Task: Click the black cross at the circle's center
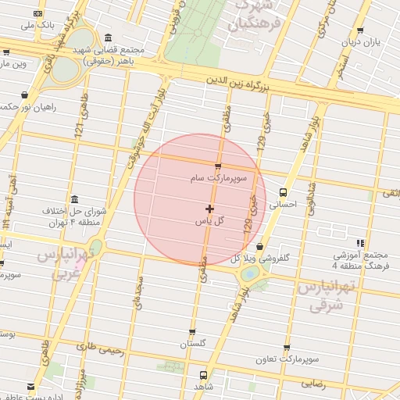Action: click(x=209, y=209)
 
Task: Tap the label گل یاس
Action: click(x=209, y=221)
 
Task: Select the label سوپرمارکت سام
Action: click(x=218, y=179)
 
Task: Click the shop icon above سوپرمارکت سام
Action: click(x=218, y=166)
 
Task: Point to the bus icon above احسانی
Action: click(x=283, y=192)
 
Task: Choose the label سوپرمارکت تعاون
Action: click(x=287, y=360)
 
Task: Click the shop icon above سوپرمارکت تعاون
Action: click(x=287, y=348)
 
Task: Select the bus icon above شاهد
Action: click(x=203, y=375)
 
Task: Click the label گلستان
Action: click(x=193, y=344)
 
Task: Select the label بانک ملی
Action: click(x=37, y=25)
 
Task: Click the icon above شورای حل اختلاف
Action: click(x=74, y=199)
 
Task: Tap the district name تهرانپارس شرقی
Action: click(x=327, y=295)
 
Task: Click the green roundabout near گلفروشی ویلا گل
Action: click(x=250, y=273)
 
